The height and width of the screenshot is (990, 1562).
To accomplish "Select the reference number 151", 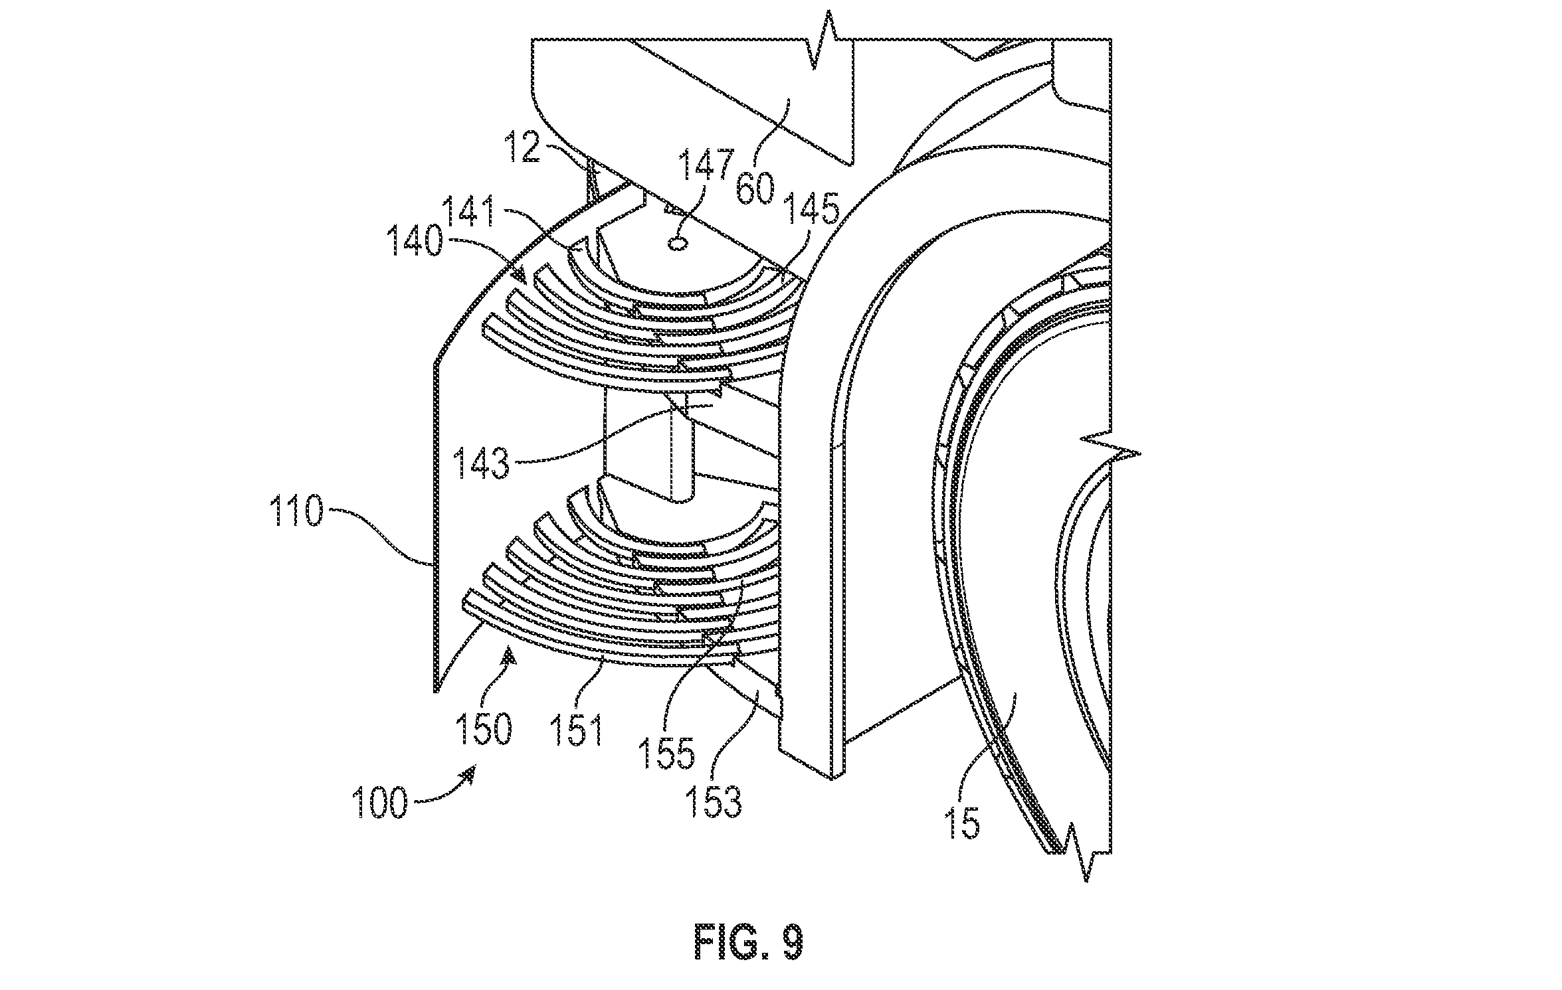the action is click(x=575, y=731).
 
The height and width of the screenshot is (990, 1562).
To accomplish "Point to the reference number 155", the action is click(x=666, y=753).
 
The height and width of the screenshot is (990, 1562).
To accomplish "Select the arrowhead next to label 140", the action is click(x=521, y=275).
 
